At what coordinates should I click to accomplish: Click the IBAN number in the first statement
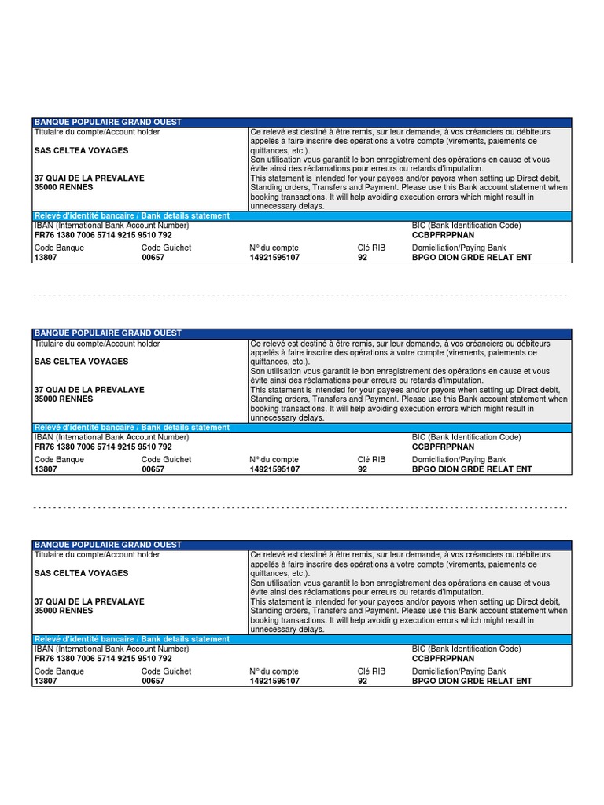click(x=103, y=235)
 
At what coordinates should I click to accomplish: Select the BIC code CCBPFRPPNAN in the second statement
click(x=443, y=447)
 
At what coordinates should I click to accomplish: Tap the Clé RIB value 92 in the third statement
click(x=363, y=682)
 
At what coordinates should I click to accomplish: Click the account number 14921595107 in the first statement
click(x=274, y=258)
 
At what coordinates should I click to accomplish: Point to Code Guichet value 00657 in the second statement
click(x=153, y=469)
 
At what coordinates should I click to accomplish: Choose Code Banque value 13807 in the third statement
click(x=46, y=682)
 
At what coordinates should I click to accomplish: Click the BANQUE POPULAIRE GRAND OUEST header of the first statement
click(x=108, y=122)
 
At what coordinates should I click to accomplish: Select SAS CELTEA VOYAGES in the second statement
click(x=81, y=362)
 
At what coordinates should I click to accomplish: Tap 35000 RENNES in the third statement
click(x=64, y=611)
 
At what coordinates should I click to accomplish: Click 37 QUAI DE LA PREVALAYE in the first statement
click(x=90, y=178)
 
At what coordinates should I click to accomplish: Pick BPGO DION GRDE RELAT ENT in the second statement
click(x=472, y=469)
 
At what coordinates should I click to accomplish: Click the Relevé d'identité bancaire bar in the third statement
click(x=132, y=639)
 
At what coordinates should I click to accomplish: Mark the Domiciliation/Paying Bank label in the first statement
click(x=459, y=248)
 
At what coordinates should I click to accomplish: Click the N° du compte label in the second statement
click(x=274, y=460)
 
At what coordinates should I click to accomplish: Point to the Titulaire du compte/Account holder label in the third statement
click(x=97, y=555)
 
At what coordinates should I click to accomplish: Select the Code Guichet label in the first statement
click(x=167, y=248)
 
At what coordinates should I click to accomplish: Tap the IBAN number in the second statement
click(x=103, y=447)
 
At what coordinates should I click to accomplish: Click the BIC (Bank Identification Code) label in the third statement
click(x=466, y=649)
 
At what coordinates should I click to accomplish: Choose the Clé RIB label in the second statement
click(x=372, y=460)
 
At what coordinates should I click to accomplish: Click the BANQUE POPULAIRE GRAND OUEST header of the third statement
click(x=108, y=545)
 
